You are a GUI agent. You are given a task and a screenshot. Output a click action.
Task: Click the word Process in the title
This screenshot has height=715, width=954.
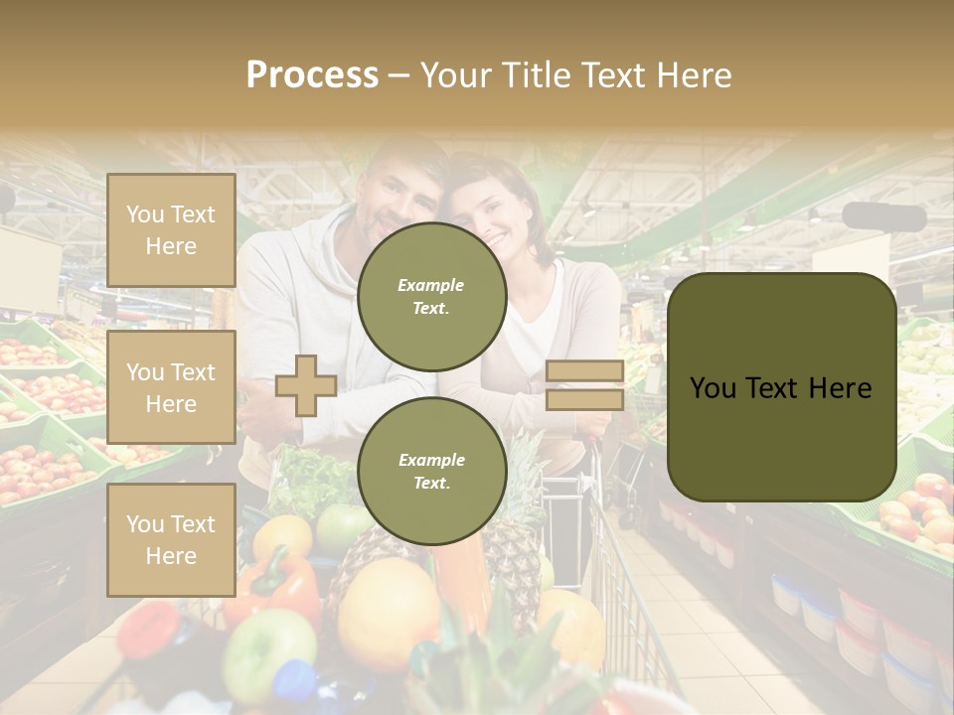(312, 75)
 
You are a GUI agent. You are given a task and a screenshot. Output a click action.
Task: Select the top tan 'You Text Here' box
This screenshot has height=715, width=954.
(171, 230)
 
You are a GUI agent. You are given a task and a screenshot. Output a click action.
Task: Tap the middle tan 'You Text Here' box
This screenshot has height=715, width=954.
(171, 387)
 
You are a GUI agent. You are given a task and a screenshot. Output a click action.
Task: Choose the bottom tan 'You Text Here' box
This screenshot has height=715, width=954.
(171, 540)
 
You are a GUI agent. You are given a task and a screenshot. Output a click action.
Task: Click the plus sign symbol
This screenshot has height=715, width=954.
(306, 385)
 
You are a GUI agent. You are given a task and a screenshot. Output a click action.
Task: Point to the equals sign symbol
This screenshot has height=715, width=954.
(584, 385)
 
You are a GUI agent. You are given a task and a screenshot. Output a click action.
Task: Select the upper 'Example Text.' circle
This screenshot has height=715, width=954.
(431, 297)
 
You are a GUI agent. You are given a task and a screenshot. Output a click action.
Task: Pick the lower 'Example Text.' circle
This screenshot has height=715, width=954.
(431, 472)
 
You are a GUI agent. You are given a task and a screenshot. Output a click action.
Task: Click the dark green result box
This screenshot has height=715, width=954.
(781, 387)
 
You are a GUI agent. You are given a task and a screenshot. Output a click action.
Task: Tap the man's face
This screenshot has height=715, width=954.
(397, 189)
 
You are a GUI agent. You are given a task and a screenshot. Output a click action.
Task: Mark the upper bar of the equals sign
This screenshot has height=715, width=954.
(584, 371)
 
